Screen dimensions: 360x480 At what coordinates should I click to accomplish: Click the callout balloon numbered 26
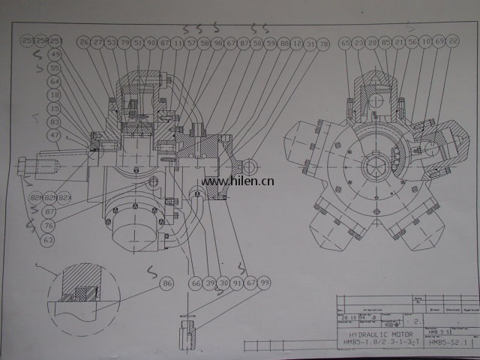84,42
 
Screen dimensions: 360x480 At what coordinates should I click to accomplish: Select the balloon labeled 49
55,55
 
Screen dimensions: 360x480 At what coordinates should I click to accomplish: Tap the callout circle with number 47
55,135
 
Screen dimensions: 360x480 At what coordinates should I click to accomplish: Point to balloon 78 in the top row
323,44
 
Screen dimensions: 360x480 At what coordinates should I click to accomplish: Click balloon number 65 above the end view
346,43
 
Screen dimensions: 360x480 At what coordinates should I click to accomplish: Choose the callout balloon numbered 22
452,42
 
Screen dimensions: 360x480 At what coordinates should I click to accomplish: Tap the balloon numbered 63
48,239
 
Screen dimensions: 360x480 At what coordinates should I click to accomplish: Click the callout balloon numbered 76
48,225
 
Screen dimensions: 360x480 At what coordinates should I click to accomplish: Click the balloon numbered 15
55,109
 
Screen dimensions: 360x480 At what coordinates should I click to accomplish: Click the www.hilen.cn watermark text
238,180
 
